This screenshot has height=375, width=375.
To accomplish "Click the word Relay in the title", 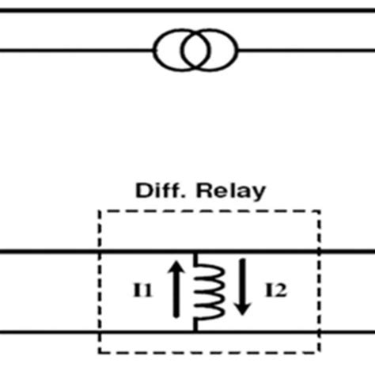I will coord(234,191).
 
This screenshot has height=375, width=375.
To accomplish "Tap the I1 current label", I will coord(146,290).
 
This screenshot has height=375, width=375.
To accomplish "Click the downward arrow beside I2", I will coord(243,290).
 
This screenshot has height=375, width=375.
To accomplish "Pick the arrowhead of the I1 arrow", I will coord(177,270).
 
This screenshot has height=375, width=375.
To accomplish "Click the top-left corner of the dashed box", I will coord(100,211).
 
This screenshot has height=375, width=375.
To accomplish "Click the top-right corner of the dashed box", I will coord(320,211).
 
